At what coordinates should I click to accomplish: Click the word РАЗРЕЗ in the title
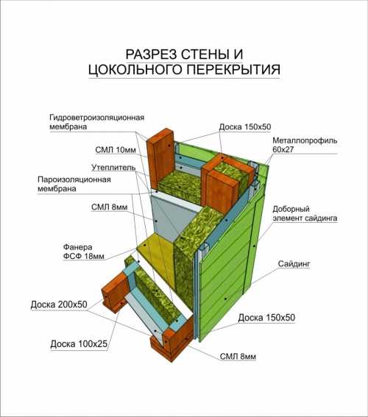pos(151,54)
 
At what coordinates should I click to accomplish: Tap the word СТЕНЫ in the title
pos(205,54)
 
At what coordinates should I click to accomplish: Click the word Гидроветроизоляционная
pos(97,118)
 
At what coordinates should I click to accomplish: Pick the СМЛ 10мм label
pos(116,150)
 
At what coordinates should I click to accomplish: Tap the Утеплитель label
pos(113,168)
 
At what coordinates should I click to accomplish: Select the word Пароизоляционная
pos(74,179)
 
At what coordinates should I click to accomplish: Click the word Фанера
pos(78,247)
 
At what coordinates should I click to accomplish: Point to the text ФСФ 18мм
pos(84,257)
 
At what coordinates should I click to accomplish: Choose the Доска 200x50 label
pos(59,304)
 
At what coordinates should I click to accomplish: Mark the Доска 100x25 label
pos(79,344)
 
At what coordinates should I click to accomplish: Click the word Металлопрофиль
pos(305,140)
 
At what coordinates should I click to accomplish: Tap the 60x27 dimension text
pos(283,149)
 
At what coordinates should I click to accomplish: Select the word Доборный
pos(291,210)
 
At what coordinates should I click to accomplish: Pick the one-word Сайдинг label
pos(294,264)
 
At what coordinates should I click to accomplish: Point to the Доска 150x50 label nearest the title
pos(245,127)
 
